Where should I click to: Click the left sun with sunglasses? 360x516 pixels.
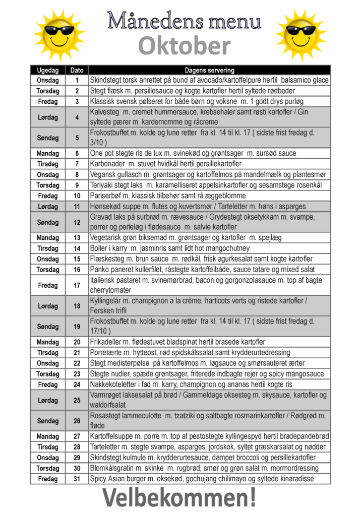[59, 35]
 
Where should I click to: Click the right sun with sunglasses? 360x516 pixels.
[301, 35]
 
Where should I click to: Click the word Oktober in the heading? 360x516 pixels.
[184, 47]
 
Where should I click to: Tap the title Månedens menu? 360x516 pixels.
[185, 21]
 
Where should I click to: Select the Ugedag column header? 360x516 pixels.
[48, 71]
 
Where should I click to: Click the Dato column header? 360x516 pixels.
[77, 71]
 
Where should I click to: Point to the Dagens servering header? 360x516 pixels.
[209, 71]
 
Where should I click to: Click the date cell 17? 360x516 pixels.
[77, 285]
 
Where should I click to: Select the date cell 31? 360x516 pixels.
[77, 479]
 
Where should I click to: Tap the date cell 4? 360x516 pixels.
[77, 117]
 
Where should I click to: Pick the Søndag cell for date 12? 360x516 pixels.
[48, 222]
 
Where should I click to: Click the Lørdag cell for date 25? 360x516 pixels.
[48, 400]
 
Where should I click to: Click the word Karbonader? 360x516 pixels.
[107, 164]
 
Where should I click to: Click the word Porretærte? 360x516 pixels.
[107, 352]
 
